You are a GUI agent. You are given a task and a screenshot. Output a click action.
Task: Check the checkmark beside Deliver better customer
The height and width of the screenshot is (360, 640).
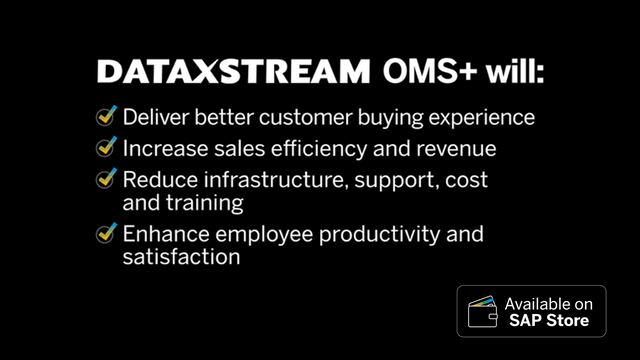point(107,116)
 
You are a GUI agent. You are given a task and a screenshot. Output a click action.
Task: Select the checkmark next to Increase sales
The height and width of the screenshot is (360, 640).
point(107,148)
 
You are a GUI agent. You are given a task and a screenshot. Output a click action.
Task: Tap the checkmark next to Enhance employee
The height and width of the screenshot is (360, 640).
point(107,234)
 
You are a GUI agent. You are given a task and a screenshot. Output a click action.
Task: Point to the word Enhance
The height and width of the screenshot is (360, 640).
point(163,235)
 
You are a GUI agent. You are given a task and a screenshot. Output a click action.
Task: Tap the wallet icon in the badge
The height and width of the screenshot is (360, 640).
point(483,311)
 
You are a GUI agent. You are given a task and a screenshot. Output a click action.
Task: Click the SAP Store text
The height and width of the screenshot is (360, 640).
point(548,321)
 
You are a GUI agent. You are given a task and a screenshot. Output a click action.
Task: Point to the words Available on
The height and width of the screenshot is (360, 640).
point(548,302)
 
